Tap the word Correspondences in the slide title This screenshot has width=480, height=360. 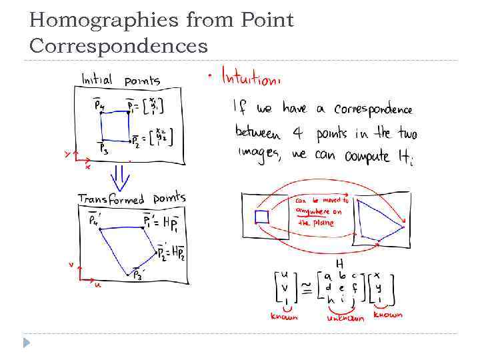pyautogui.click(x=119, y=46)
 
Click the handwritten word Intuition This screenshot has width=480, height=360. pyautogui.click(x=251, y=78)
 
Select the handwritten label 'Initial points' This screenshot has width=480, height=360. pyautogui.click(x=121, y=80)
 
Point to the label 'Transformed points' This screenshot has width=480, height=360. pyautogui.click(x=131, y=199)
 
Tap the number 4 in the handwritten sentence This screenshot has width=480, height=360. pyautogui.click(x=298, y=133)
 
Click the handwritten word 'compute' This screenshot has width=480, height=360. pyautogui.click(x=377, y=156)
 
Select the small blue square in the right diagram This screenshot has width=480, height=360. pyautogui.click(x=261, y=217)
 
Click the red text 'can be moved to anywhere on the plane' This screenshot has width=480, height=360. pyautogui.click(x=321, y=211)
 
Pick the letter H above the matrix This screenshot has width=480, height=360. pyautogui.click(x=339, y=263)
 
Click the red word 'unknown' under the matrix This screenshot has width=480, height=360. pyautogui.click(x=345, y=319)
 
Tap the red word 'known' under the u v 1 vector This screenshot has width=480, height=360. pyautogui.click(x=285, y=317)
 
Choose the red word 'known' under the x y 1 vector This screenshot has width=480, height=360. pyautogui.click(x=387, y=314)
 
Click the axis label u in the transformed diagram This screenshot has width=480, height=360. pyautogui.click(x=98, y=285)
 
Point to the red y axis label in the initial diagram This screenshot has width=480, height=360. pyautogui.click(x=67, y=154)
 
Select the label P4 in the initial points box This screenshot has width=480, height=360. pyautogui.click(x=98, y=105)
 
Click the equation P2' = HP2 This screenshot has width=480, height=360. pyautogui.click(x=171, y=252)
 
